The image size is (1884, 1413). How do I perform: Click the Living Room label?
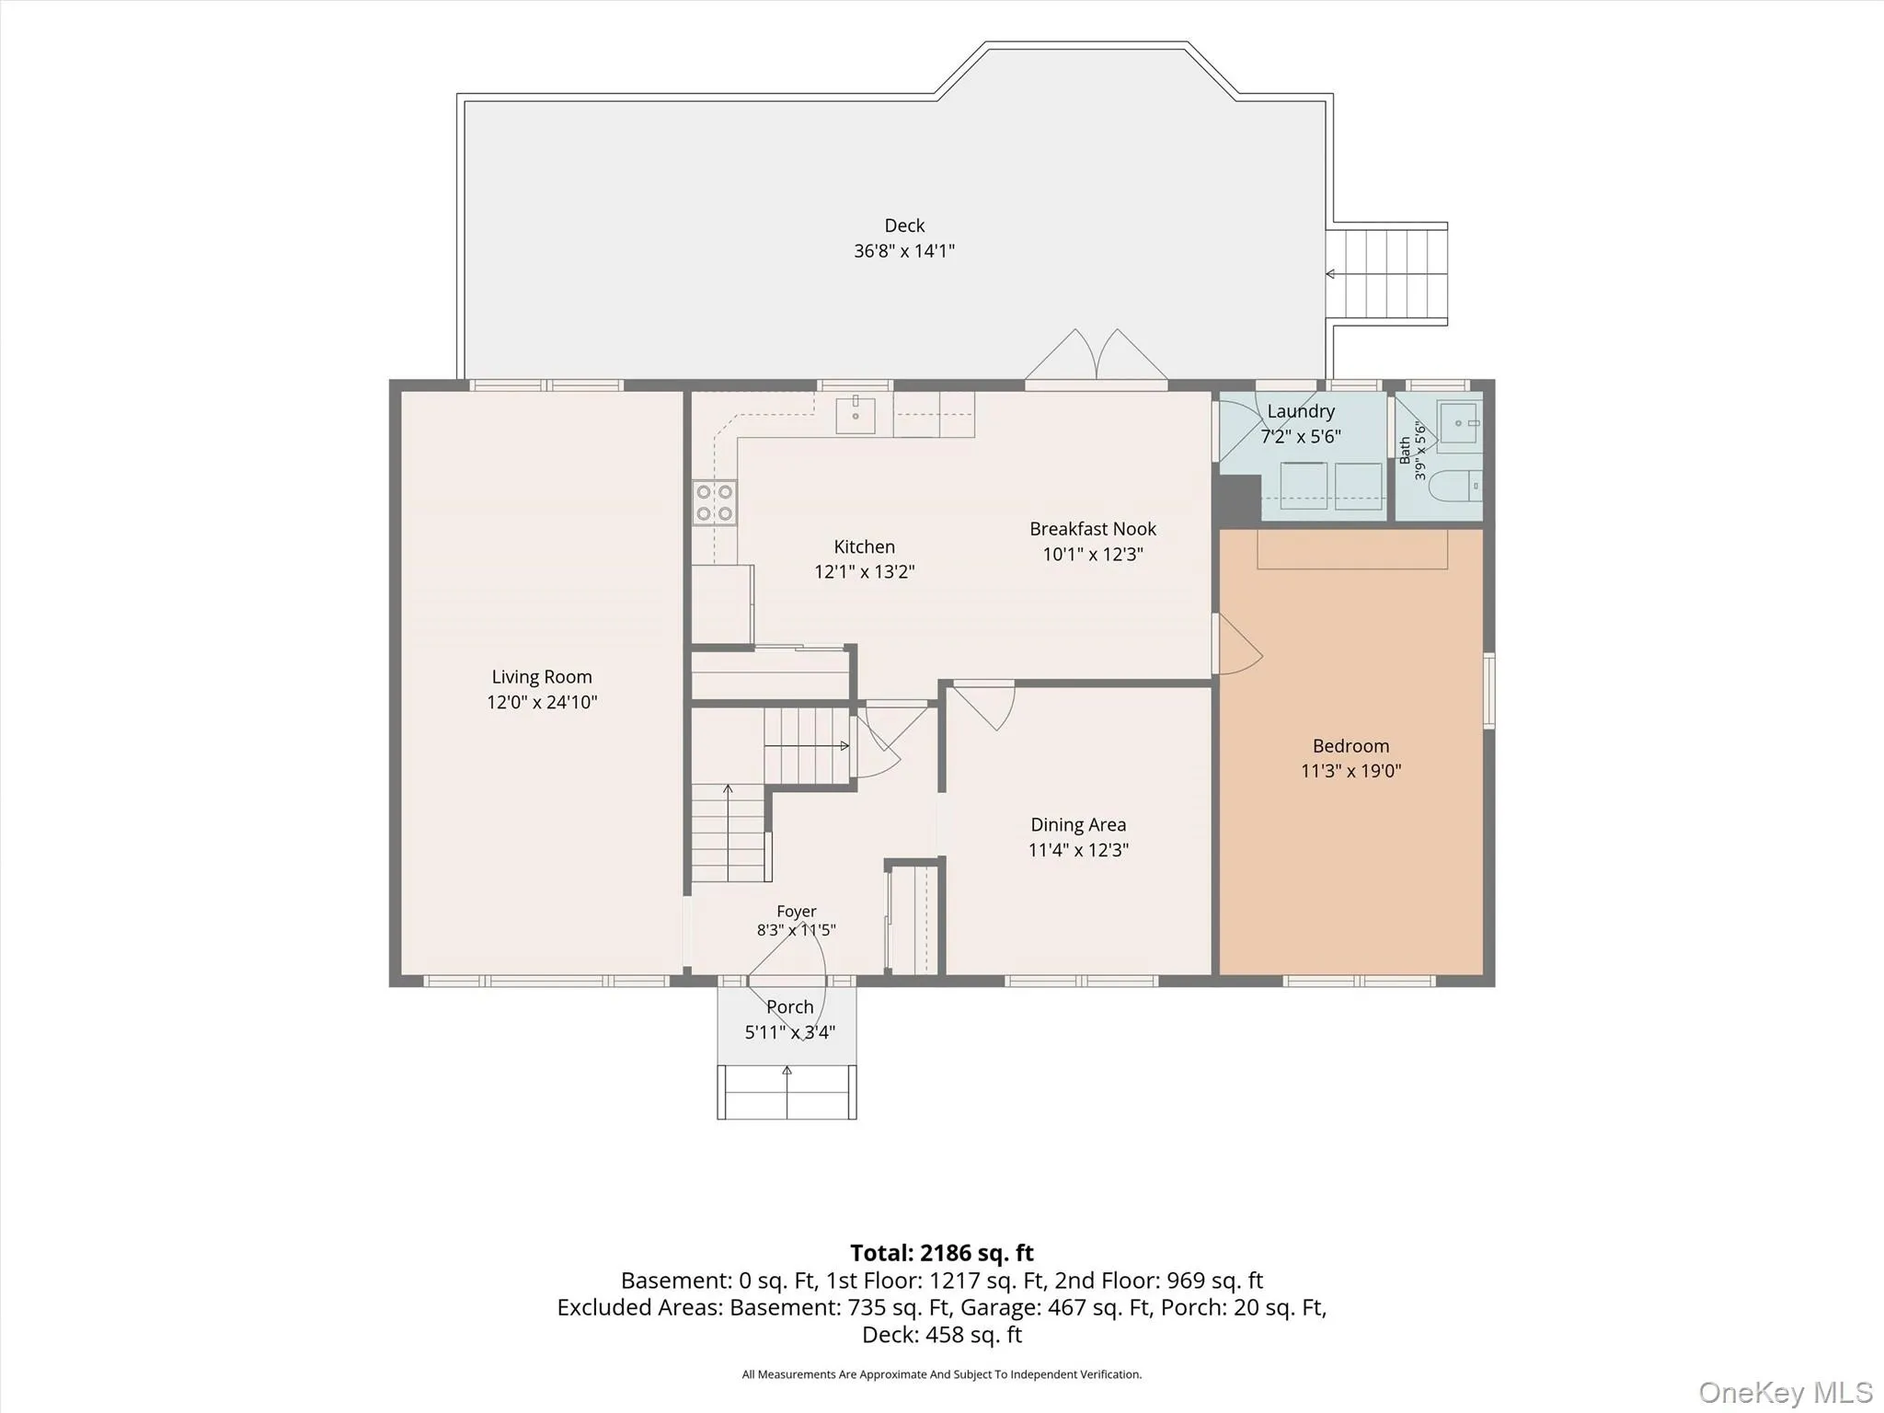[542, 677]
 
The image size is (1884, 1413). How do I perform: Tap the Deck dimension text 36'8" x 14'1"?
[904, 250]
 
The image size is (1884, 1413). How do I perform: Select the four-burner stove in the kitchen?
[715, 503]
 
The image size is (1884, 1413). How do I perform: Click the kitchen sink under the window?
[856, 414]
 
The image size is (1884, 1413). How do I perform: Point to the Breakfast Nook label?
[1093, 529]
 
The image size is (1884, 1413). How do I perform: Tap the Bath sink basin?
[1459, 422]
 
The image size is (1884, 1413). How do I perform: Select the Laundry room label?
[1301, 411]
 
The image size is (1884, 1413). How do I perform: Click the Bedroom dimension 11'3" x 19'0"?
[1350, 771]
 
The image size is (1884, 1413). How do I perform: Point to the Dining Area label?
[1078, 825]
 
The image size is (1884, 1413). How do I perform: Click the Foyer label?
[797, 912]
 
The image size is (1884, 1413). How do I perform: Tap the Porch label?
[790, 1007]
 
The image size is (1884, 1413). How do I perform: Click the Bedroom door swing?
[1239, 644]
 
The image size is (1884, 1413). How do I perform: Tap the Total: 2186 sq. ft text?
[942, 1253]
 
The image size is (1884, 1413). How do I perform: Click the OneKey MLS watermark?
[1786, 1393]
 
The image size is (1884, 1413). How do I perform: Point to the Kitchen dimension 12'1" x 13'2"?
[864, 571]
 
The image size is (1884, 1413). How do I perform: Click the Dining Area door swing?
[983, 705]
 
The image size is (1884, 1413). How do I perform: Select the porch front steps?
[787, 1092]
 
